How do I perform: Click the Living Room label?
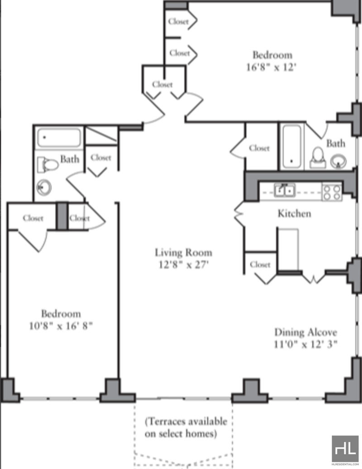pos(183,253)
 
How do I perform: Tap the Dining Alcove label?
pos(305,332)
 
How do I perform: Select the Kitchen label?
pos(294,214)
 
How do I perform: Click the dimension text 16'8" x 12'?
pos(271,67)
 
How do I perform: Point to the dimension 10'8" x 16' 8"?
pos(61,326)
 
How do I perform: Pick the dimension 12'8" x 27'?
pos(183,265)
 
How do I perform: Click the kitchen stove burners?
pos(332,192)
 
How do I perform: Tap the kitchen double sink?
pos(284,191)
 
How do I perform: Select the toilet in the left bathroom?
pos(48,165)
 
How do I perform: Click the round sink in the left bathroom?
pos(44,188)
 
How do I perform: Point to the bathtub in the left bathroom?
pos(59,138)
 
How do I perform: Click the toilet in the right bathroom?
pos(317,158)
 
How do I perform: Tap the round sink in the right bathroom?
pos(338,162)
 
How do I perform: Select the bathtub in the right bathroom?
pos(292,147)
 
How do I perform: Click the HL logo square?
pos(345,449)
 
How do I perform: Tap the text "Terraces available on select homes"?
pos(186,427)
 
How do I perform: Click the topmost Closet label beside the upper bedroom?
pos(178,22)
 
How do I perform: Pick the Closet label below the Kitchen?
pos(260,264)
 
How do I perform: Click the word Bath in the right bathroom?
pos(335,144)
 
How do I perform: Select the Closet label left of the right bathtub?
pos(259,148)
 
